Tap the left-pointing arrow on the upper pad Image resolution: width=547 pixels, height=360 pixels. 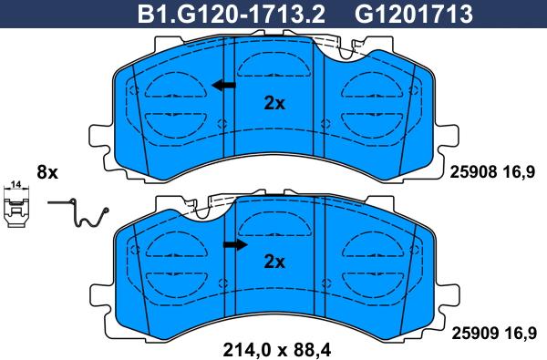tap(222, 86)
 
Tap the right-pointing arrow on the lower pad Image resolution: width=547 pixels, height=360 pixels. tap(236, 244)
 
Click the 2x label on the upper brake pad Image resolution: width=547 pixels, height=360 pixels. tap(273, 104)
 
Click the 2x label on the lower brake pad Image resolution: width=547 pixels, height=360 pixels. tap(273, 262)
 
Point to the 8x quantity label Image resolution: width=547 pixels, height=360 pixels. tap(46, 172)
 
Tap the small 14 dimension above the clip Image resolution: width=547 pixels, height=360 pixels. tap(15, 186)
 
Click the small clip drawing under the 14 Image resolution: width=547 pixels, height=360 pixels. tap(15, 209)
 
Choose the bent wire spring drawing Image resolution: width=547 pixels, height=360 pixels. tap(79, 215)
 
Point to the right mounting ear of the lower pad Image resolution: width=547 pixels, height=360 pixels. tap(448, 295)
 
